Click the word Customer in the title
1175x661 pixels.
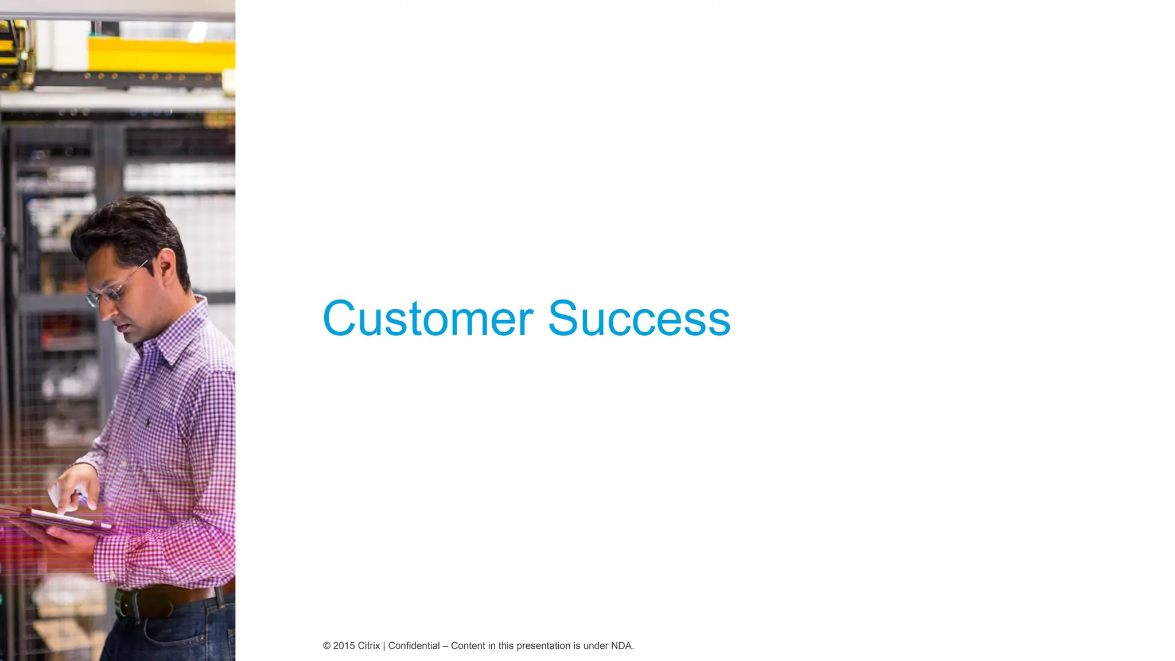point(428,318)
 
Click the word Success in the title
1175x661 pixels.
point(639,318)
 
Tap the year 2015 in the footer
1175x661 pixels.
point(344,646)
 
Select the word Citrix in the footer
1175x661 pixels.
point(368,646)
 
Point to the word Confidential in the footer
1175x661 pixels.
point(414,646)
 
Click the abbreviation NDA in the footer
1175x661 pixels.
point(621,646)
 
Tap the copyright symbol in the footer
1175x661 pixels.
point(327,646)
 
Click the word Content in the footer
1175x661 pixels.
point(468,646)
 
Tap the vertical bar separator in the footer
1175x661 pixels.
point(384,646)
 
